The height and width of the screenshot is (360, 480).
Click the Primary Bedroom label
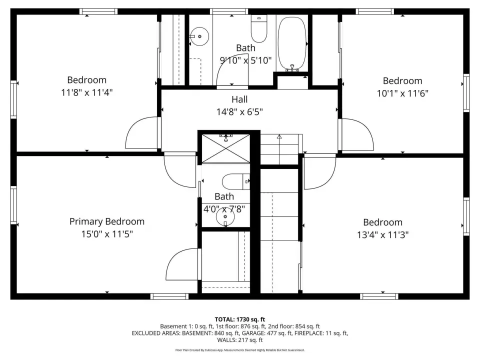[107, 221]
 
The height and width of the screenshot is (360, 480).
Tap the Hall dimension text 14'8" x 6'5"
[239, 111]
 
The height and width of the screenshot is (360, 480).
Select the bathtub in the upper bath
[292, 44]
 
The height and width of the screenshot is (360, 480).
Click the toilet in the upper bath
[259, 28]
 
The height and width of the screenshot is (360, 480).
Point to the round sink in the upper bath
[199, 36]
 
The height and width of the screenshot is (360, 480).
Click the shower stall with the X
[226, 148]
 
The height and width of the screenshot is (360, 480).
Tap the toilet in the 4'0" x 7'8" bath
[236, 182]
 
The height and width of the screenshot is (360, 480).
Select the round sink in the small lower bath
[225, 216]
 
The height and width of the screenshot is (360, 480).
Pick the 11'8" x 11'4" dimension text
[87, 92]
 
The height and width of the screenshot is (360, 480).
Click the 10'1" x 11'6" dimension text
[402, 93]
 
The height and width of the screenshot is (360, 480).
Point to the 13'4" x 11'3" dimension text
[383, 235]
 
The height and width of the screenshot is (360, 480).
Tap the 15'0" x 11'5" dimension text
[107, 234]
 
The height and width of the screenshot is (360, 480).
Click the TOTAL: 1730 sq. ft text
[240, 319]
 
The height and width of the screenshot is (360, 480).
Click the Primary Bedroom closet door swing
[173, 257]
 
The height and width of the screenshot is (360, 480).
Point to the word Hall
[239, 99]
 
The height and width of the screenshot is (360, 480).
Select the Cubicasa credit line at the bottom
[240, 350]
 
